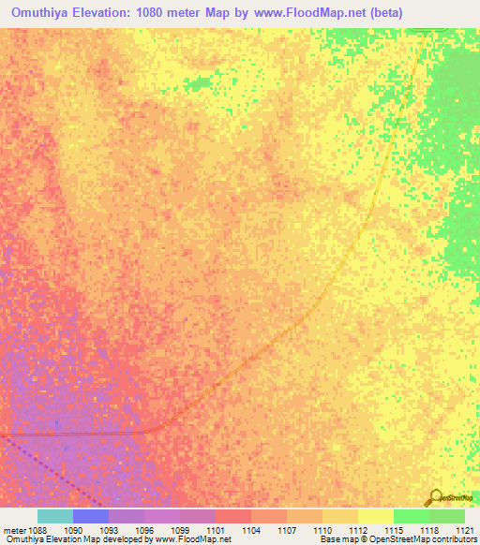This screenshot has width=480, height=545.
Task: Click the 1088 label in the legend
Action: (37, 529)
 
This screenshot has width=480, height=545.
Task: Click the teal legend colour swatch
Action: (54, 516)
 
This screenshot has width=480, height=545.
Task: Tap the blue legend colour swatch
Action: (90, 516)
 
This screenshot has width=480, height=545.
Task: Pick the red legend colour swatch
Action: (232, 516)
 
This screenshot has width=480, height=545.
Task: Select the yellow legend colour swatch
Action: (375, 516)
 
